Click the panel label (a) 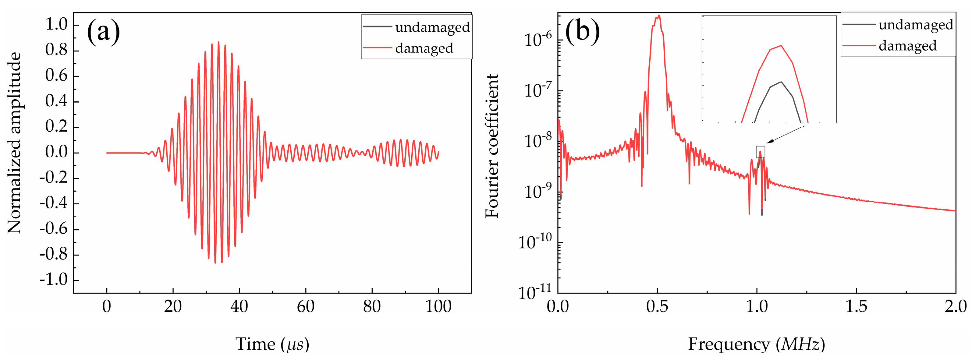click(x=103, y=32)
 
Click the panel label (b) click(x=583, y=32)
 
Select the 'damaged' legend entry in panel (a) click(x=424, y=48)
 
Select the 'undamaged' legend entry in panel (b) click(x=915, y=25)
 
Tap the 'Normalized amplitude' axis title click(x=14, y=143)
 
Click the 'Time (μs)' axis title click(x=272, y=344)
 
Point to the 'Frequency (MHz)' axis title click(x=756, y=344)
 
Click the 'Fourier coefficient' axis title click(x=492, y=146)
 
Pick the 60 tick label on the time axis click(x=305, y=306)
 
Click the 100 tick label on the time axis click(x=438, y=306)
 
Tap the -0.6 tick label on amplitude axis click(x=54, y=229)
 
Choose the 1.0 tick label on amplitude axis click(x=56, y=25)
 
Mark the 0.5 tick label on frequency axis click(x=657, y=306)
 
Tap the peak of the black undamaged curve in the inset click(x=781, y=82)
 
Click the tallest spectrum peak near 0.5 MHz click(x=659, y=16)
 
